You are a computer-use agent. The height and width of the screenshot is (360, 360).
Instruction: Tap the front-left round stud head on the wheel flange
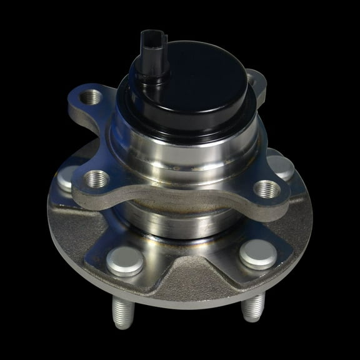click(124, 262)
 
